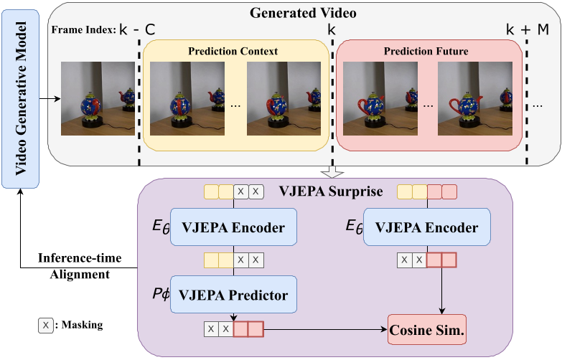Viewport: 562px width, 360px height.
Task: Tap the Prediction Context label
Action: (233, 51)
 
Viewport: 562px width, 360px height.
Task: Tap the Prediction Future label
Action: (426, 51)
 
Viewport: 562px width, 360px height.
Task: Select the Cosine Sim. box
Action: (427, 333)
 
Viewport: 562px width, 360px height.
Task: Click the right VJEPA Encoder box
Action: (426, 228)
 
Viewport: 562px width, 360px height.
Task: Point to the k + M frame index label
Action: (527, 29)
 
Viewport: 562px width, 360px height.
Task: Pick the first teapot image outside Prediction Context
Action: (98, 98)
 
